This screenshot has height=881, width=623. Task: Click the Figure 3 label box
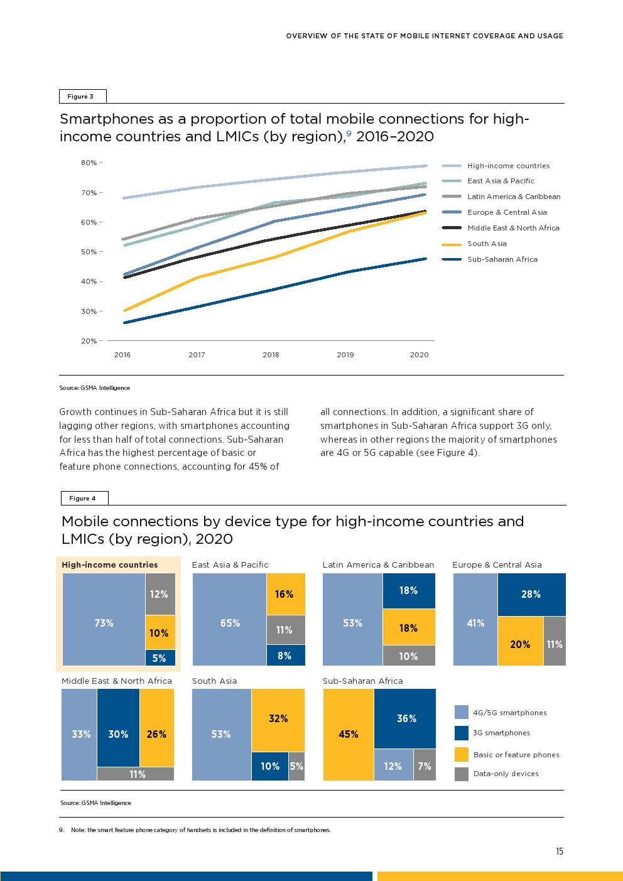pos(82,96)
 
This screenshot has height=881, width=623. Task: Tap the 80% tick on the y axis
pos(89,163)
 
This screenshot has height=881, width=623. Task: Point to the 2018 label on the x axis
pos(271,355)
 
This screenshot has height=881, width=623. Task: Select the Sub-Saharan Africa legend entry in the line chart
pos(502,259)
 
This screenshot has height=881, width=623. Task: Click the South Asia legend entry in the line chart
pos(487,244)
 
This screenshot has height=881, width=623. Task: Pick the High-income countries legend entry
pos(508,166)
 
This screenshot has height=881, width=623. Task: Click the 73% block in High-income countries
pos(104,623)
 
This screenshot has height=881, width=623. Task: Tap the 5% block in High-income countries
pos(160,658)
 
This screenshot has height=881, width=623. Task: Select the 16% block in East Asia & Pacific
pos(284,594)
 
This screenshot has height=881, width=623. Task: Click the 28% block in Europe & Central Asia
pos(531,594)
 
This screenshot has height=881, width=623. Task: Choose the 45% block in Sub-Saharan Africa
pos(349,734)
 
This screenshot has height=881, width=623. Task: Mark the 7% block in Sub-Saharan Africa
pos(425,766)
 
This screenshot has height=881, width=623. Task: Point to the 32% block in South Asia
pos(278,718)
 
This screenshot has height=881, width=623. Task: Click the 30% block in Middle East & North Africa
pos(118,734)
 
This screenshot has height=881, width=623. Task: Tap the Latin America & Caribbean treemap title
pos(378,565)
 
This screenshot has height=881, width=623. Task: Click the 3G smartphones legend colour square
pos(462,733)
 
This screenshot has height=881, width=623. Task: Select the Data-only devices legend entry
pos(506,774)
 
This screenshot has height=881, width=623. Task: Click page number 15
pos(560,851)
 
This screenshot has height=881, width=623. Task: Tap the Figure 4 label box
pos(84,498)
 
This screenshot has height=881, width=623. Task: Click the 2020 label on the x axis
pos(419,355)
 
